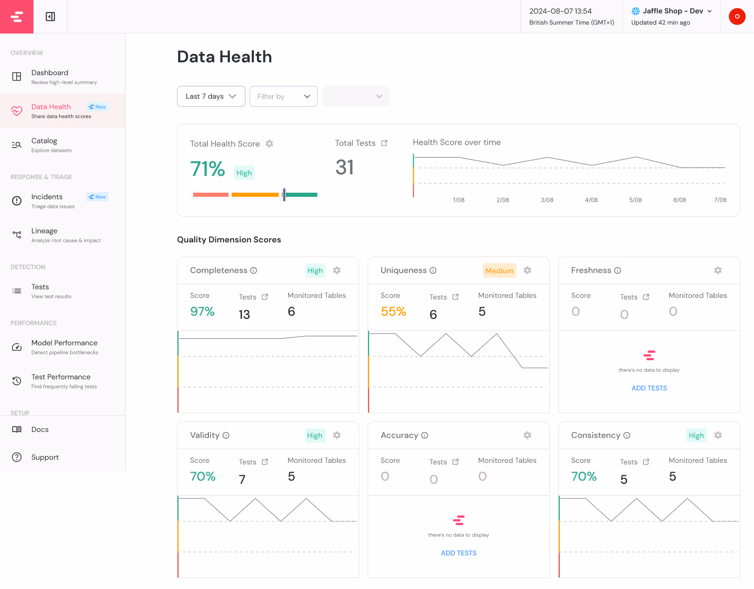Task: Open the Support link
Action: coord(45,458)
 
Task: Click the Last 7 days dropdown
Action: coord(211,96)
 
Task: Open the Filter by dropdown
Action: coord(283,96)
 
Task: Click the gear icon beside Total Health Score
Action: coord(269,143)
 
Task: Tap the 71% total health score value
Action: coord(207,169)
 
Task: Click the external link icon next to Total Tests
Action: coord(384,143)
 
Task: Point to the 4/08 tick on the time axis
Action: coord(591,200)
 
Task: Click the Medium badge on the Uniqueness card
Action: coord(499,271)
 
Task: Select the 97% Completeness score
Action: coord(202,312)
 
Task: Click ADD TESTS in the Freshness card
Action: coord(649,388)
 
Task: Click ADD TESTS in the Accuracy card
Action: coord(459,553)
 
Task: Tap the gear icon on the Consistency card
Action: coord(718,436)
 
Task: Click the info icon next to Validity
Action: coord(226,436)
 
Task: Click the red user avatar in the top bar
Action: coord(737,17)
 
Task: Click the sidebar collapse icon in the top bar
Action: coord(50,17)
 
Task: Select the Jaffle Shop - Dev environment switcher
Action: coord(672,11)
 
